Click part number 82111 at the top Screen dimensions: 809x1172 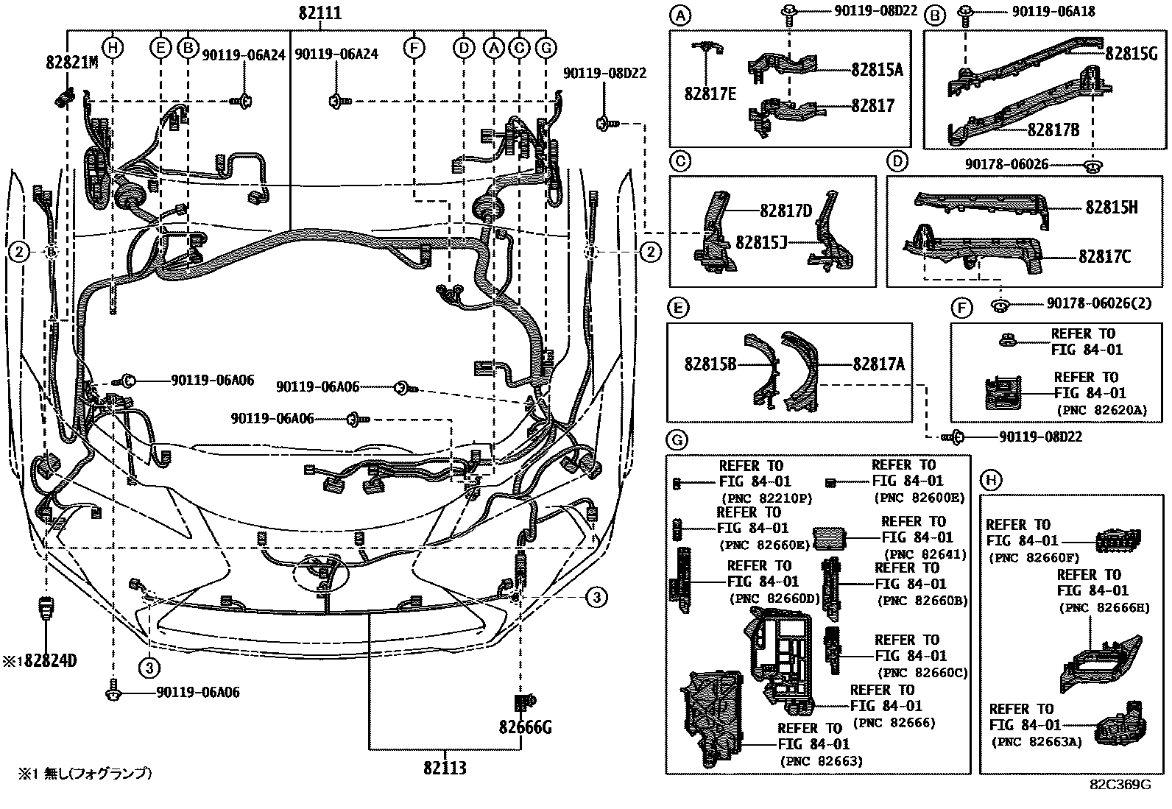point(320,13)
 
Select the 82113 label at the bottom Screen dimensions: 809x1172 point(445,768)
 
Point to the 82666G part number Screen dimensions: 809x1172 point(525,728)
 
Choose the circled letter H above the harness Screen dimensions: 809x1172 point(112,49)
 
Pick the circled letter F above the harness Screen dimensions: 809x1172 point(414,49)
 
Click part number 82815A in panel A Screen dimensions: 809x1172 point(877,70)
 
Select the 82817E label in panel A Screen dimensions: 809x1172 point(710,93)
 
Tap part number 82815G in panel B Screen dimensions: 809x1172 point(1131,52)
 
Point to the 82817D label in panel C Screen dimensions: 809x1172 point(786,212)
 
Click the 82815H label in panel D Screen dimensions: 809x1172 point(1111,208)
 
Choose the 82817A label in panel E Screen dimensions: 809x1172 point(879,364)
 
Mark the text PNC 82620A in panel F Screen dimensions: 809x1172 point(1102,410)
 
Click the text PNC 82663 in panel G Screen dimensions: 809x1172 point(821,760)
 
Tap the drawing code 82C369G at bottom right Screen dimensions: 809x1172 point(1120,785)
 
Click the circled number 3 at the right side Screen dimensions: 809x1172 point(597,597)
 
